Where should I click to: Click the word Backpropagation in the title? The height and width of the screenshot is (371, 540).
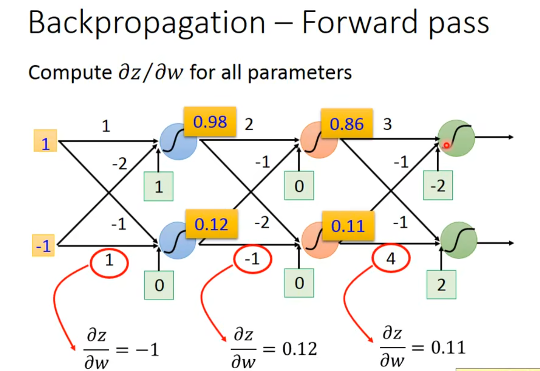(147, 23)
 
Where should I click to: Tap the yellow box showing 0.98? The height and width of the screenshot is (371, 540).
(210, 122)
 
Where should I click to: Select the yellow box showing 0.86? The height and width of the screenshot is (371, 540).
(347, 123)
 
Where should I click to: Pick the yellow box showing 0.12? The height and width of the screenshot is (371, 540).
(211, 224)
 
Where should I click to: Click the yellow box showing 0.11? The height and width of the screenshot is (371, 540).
(348, 226)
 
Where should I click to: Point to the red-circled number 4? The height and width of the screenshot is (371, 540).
(391, 259)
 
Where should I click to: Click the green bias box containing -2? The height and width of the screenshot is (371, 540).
(438, 185)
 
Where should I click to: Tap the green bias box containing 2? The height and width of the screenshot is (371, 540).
(441, 285)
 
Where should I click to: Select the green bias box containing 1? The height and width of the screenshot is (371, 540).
(159, 187)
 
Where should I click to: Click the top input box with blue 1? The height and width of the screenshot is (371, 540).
(45, 141)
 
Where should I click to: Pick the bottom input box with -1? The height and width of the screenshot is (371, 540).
(43, 246)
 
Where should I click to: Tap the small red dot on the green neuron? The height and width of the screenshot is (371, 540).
(446, 146)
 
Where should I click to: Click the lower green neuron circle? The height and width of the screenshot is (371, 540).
(458, 240)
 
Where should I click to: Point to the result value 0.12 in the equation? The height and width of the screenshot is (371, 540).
(300, 348)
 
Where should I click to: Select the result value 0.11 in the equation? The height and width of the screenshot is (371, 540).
(448, 347)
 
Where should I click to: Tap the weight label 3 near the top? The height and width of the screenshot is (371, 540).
(387, 124)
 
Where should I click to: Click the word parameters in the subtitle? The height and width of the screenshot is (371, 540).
(300, 73)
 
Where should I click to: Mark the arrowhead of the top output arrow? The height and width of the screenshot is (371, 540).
(511, 137)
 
